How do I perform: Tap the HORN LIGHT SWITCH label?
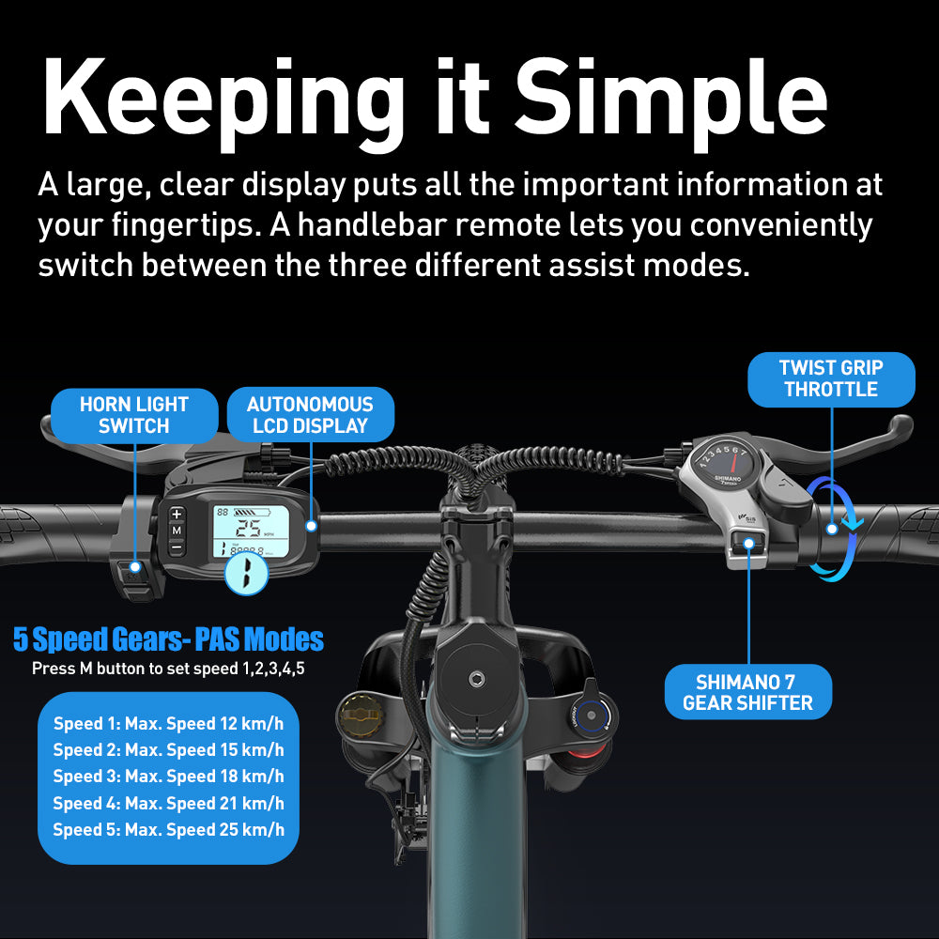click(134, 415)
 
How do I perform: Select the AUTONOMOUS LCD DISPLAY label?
click(310, 414)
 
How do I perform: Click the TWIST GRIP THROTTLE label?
click(831, 378)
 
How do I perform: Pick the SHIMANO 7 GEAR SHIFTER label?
click(748, 692)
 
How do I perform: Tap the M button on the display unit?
click(177, 531)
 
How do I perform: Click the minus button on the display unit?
click(177, 546)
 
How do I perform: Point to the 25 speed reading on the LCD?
click(248, 528)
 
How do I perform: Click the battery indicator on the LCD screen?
click(252, 513)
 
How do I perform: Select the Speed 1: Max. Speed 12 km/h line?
click(168, 723)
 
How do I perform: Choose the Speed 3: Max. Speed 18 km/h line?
click(168, 777)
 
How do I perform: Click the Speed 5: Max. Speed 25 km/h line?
click(168, 829)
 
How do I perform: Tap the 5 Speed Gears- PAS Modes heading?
click(168, 639)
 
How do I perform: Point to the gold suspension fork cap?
click(362, 715)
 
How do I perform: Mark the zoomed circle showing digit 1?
click(246, 573)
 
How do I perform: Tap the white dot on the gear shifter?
click(748, 543)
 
